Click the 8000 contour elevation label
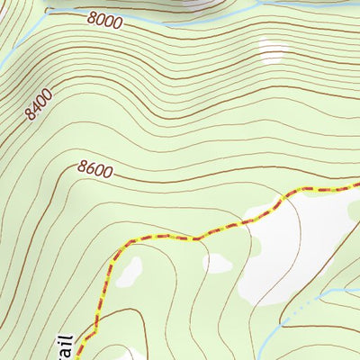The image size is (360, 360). click(105, 20)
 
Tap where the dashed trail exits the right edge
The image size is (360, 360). click(357, 185)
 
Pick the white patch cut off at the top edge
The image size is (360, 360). click(198, 4)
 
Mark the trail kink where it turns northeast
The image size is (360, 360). click(193, 239)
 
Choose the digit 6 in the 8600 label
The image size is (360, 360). click(94, 169)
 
